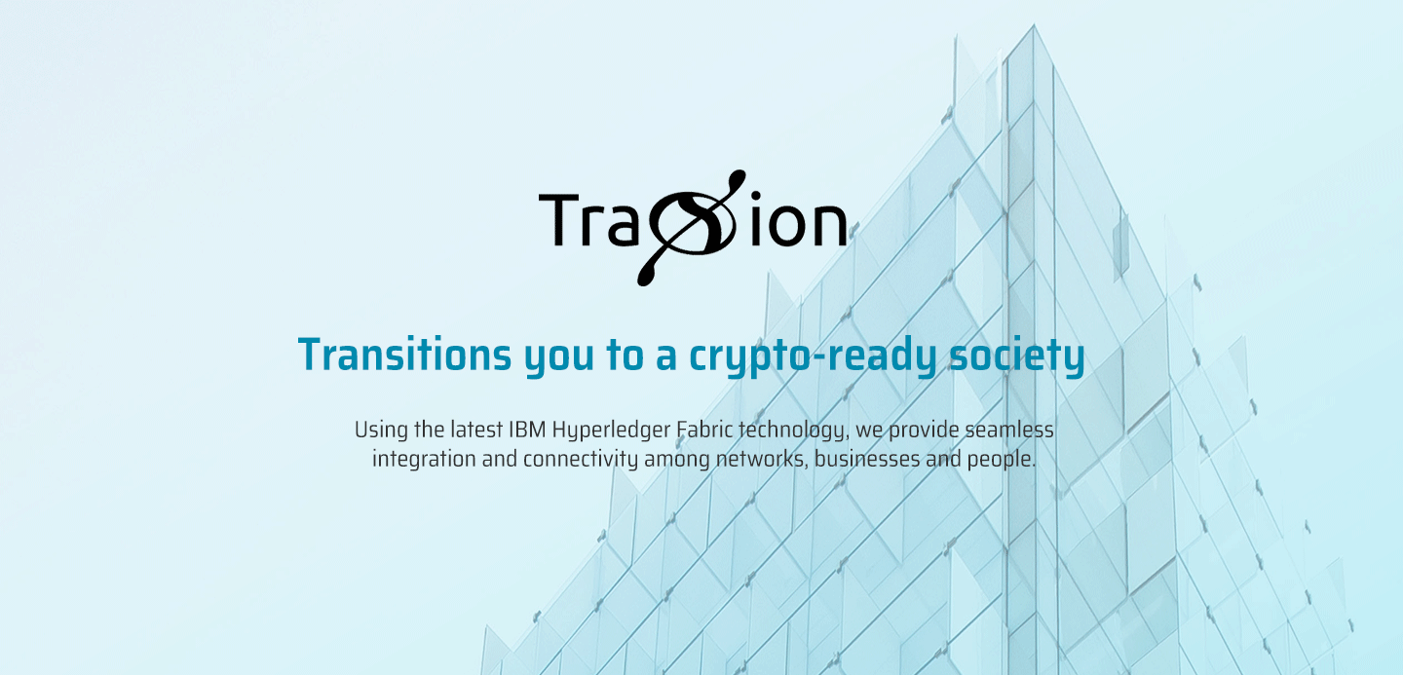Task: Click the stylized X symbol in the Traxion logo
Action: click(x=692, y=228)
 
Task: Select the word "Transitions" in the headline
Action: click(x=404, y=355)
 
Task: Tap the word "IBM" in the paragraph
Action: click(x=526, y=431)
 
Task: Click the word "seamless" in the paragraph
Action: click(x=1009, y=430)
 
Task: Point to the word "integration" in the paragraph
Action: click(x=424, y=461)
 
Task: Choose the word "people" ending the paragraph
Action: click(x=1002, y=461)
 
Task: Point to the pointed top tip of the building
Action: click(x=1034, y=25)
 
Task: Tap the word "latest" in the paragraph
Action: click(x=476, y=430)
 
